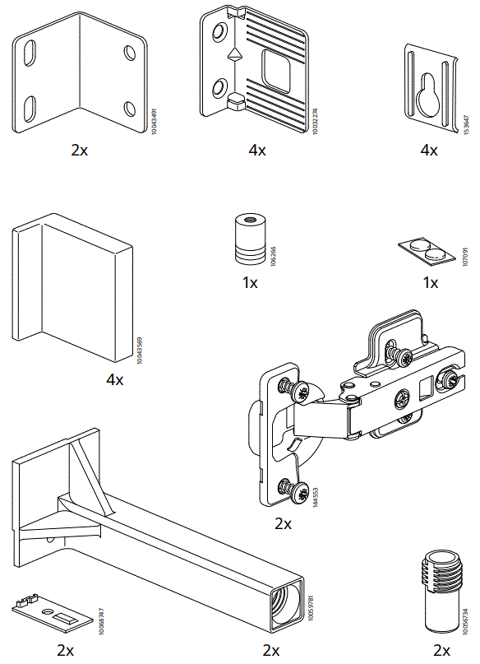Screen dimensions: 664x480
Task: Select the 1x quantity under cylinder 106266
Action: (x=250, y=283)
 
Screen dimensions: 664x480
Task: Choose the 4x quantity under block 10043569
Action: (x=114, y=380)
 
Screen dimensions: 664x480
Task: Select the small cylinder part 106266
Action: (x=247, y=239)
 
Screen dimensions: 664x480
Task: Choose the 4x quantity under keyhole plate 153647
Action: (x=429, y=150)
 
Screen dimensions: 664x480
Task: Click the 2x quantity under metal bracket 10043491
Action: (x=80, y=150)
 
